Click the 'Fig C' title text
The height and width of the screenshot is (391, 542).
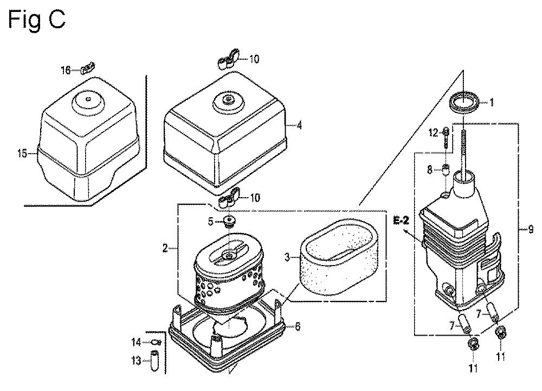click(x=36, y=20)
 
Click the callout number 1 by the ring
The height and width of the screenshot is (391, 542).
click(x=492, y=102)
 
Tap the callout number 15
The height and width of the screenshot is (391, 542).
click(x=22, y=153)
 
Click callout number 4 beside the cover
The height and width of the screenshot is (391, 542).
click(x=299, y=125)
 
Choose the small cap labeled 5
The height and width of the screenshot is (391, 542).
click(x=229, y=220)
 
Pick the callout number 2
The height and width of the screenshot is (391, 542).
click(x=165, y=248)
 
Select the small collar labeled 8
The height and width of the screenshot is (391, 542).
click(x=446, y=169)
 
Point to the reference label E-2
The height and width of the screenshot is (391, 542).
click(x=401, y=220)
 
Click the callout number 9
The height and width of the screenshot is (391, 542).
click(x=531, y=229)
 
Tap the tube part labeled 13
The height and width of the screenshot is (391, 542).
click(x=154, y=361)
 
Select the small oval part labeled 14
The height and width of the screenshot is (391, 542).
click(x=156, y=342)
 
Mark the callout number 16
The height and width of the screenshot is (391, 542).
click(x=66, y=71)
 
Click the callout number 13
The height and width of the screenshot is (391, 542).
click(x=137, y=361)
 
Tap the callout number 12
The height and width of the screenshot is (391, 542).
click(x=434, y=133)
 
